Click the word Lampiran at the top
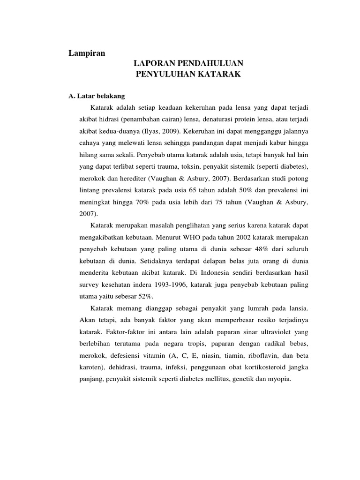(x=87, y=53)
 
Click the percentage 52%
(x=143, y=297)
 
